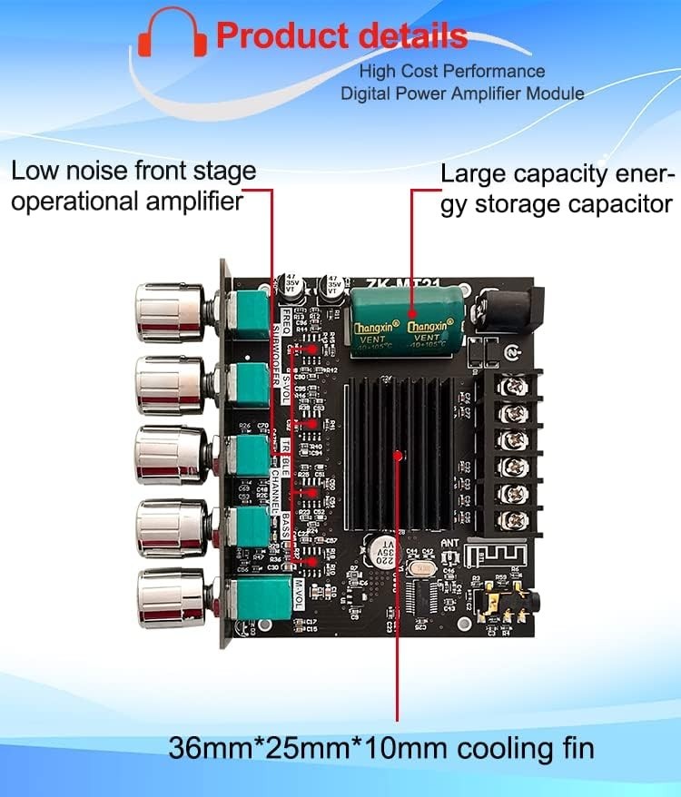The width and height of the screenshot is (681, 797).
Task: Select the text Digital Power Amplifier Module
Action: point(462,93)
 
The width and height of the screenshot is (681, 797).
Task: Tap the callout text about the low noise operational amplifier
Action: point(133,185)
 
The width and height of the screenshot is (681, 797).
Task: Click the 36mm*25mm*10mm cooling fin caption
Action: point(381,748)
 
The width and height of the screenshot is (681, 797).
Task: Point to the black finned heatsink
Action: point(399,454)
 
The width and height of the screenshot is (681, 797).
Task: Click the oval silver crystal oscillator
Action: point(421,567)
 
